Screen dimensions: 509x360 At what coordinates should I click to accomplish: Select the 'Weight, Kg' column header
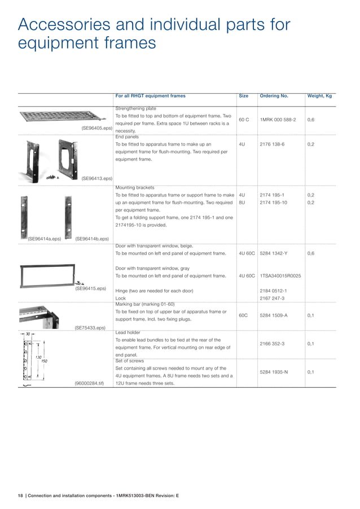point(319,96)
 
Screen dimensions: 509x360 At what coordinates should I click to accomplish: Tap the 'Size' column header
point(244,96)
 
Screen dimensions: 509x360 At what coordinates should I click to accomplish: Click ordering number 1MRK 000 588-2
point(278,120)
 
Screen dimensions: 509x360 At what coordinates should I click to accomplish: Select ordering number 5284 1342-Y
point(274,253)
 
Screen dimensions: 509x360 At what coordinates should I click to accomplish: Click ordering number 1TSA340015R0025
point(280,276)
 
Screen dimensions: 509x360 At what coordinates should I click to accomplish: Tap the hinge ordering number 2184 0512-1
point(273,291)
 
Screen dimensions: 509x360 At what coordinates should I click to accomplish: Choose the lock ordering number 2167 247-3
point(272,298)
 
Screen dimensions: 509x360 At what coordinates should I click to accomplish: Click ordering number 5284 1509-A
point(274,315)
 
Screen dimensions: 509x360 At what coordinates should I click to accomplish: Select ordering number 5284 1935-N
point(274,372)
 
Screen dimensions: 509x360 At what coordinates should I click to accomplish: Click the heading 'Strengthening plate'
point(135,108)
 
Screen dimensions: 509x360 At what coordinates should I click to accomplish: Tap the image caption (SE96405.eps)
point(97,128)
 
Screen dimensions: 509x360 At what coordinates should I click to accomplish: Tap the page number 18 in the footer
point(20,495)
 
